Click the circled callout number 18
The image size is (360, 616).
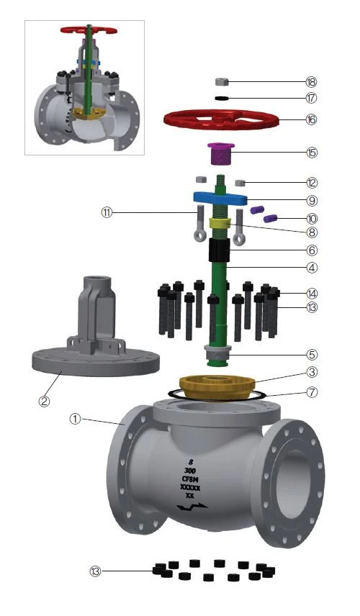pyautogui.click(x=311, y=82)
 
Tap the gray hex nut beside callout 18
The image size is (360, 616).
pyautogui.click(x=222, y=82)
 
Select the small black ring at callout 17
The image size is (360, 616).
pyautogui.click(x=222, y=98)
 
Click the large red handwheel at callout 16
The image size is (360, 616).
pyautogui.click(x=221, y=119)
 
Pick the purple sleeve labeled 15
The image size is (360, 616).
pyautogui.click(x=220, y=153)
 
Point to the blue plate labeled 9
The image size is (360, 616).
pyautogui.click(x=220, y=199)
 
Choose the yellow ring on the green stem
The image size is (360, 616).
pyautogui.click(x=220, y=224)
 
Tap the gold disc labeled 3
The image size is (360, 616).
pyautogui.click(x=217, y=388)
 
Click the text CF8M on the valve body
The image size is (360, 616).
pyautogui.click(x=192, y=479)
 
